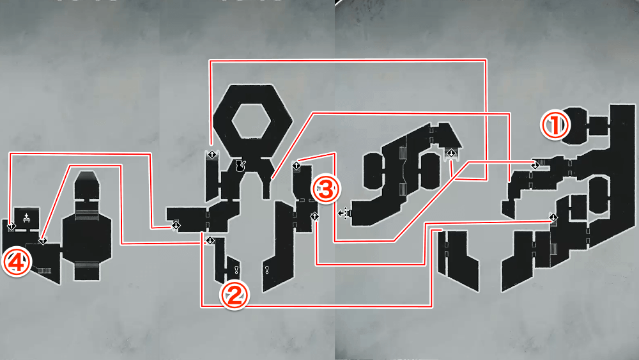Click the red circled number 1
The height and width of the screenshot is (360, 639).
(554, 125)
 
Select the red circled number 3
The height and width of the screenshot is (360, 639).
(325, 189)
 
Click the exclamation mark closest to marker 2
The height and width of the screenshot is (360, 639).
(236, 269)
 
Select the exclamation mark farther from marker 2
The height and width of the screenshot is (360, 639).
(267, 269)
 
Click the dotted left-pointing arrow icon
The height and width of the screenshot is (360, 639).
(345, 213)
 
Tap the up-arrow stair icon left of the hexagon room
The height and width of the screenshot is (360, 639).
(212, 155)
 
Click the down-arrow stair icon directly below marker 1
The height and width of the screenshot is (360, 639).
(553, 218)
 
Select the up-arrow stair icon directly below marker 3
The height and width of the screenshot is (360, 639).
(314, 217)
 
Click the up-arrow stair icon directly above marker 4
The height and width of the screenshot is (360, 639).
(11, 226)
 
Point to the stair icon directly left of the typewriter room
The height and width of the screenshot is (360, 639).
(11, 226)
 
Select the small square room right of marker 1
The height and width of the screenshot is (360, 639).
(599, 125)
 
